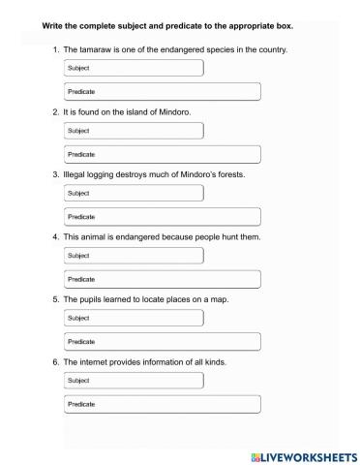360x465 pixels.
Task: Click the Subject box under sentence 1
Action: tap(134, 68)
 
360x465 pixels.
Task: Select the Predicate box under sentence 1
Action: tap(162, 91)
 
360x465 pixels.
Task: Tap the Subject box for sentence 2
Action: tap(134, 130)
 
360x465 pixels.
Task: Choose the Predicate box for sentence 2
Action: tap(162, 153)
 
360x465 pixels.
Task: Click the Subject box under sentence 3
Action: tap(134, 193)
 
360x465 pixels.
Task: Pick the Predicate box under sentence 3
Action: tap(162, 216)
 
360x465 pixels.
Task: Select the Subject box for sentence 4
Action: tap(134, 255)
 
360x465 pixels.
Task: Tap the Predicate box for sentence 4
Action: tap(162, 278)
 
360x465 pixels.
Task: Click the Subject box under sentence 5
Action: tap(134, 318)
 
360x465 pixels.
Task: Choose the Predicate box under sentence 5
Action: tap(162, 341)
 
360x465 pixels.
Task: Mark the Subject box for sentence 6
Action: tap(134, 381)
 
